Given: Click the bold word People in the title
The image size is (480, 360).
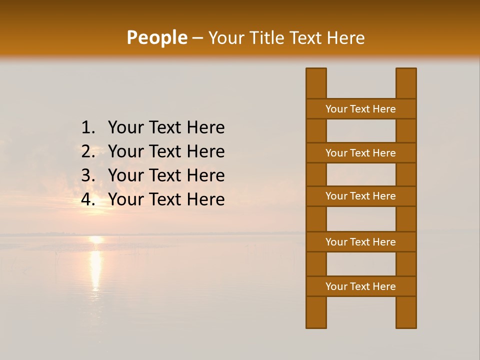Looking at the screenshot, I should click(x=156, y=38).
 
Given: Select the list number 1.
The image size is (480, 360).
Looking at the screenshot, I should click(x=88, y=128).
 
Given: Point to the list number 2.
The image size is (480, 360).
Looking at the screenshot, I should click(x=88, y=151).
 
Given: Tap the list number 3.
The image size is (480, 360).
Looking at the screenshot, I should click(x=88, y=175).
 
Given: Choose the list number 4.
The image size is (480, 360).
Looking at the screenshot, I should click(x=88, y=199).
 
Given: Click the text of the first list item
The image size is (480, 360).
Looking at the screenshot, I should click(x=166, y=128).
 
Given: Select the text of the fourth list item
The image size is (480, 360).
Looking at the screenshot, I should click(x=166, y=199).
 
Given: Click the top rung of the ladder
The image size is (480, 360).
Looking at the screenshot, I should click(x=360, y=109).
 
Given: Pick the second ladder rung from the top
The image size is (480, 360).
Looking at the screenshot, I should click(x=360, y=153).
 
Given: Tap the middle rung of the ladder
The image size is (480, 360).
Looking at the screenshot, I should click(x=360, y=196).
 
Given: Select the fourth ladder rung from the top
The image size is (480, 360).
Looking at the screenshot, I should click(x=360, y=242).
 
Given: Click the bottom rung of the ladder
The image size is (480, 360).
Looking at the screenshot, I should click(x=360, y=286).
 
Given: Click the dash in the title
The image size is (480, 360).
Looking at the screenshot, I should click(x=197, y=38).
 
